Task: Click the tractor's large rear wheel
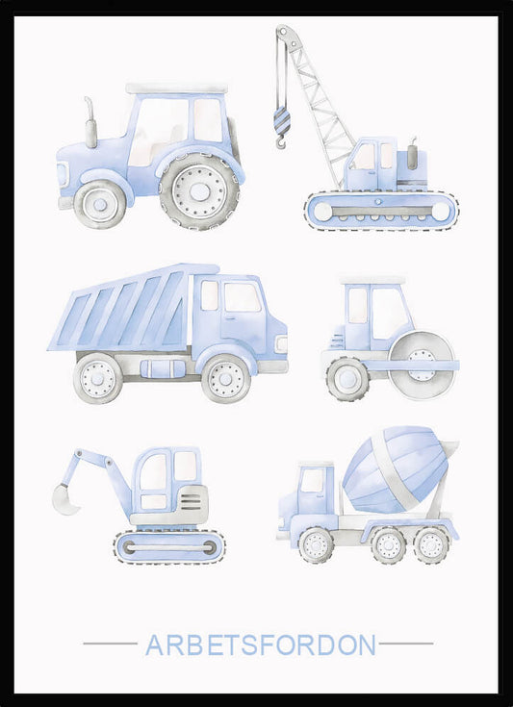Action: click(x=199, y=191)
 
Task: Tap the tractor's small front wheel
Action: click(x=100, y=204)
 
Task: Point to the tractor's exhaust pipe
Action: click(x=90, y=122)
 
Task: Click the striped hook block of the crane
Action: click(x=282, y=120)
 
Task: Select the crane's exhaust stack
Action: click(x=412, y=154)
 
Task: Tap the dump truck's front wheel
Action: click(x=226, y=379)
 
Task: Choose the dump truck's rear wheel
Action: click(x=98, y=378)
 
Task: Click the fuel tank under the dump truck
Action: click(x=163, y=368)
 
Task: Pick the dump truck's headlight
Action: click(x=281, y=344)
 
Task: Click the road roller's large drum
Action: click(x=422, y=366)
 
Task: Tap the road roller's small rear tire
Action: click(x=347, y=379)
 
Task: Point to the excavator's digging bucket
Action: click(x=65, y=498)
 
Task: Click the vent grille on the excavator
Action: click(x=191, y=501)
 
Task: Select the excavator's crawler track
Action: click(x=169, y=547)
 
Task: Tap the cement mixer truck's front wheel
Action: click(x=316, y=545)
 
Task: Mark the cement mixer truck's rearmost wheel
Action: click(x=431, y=545)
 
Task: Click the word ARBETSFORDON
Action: click(x=260, y=644)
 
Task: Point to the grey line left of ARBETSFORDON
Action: click(x=110, y=644)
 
